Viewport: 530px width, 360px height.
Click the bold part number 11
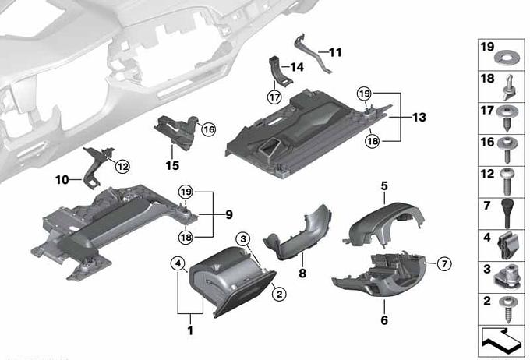pyautogui.click(x=335, y=52)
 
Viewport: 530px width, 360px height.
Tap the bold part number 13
pyautogui.click(x=419, y=118)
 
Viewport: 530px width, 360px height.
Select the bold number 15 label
pyautogui.click(x=172, y=166)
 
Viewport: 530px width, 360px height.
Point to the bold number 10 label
pyautogui.click(x=62, y=180)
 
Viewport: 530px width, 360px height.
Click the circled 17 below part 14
pyautogui.click(x=274, y=97)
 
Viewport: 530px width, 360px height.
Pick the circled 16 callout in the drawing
pyautogui.click(x=209, y=129)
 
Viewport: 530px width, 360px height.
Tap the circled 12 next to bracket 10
pyautogui.click(x=122, y=166)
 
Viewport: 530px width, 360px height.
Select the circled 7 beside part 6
pyautogui.click(x=444, y=263)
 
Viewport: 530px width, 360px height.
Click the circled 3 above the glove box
pyautogui.click(x=243, y=239)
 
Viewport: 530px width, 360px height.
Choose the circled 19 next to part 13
pyautogui.click(x=364, y=94)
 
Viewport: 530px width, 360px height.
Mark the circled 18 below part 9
pyautogui.click(x=185, y=237)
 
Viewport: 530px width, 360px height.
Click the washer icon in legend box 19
pyautogui.click(x=506, y=58)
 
